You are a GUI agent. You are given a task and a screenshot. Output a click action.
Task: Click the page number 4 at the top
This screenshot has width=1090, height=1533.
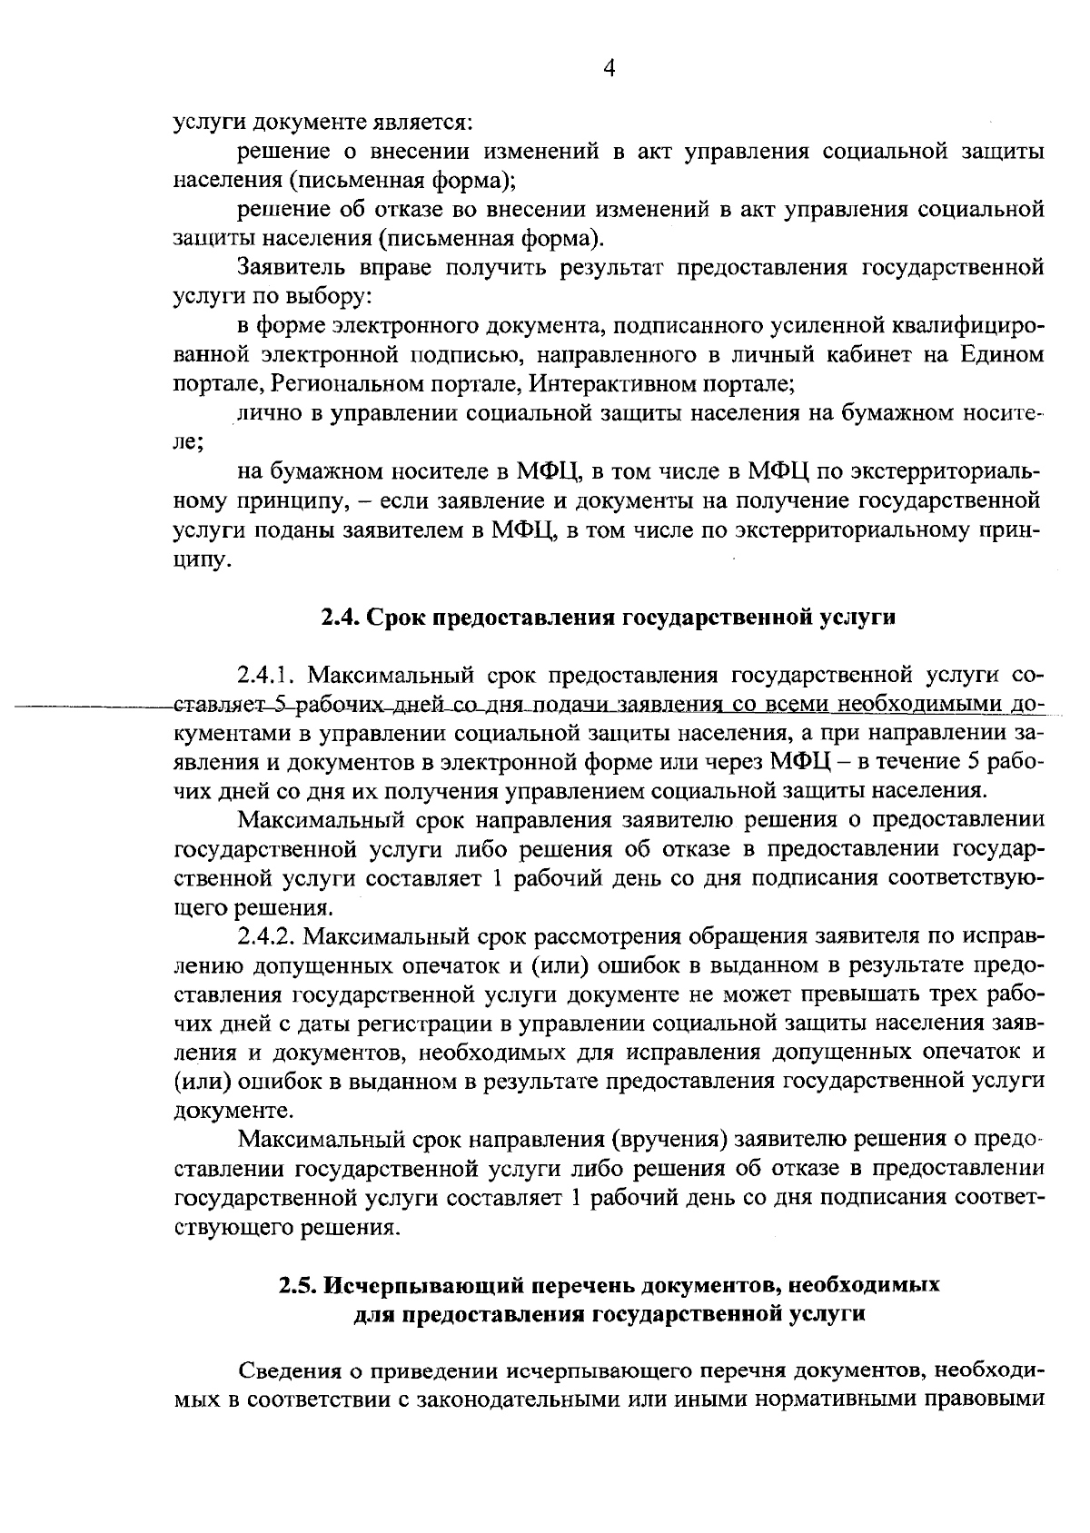point(609,69)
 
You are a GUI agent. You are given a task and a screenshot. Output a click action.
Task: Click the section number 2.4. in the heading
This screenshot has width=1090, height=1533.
point(341,618)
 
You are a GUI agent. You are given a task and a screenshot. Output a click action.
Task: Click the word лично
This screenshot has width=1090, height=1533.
point(264,414)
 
